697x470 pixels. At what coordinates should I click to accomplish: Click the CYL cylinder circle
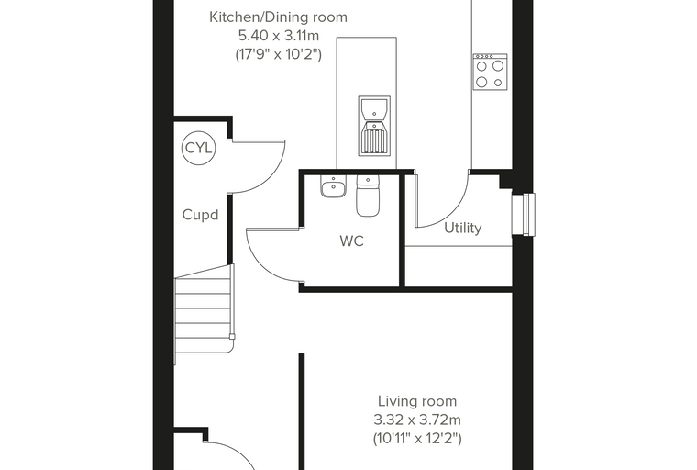click(198, 148)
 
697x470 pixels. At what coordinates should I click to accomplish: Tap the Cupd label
click(201, 216)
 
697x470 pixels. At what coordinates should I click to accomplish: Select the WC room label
click(351, 241)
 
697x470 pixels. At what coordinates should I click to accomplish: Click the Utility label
click(463, 228)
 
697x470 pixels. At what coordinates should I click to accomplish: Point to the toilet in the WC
click(368, 196)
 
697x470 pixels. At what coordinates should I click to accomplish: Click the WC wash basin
click(333, 186)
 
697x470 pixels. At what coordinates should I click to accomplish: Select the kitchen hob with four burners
click(490, 73)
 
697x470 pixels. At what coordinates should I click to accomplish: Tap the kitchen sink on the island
click(374, 126)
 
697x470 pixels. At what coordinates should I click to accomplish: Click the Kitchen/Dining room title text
click(278, 17)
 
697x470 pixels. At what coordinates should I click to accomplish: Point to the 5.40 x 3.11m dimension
click(279, 35)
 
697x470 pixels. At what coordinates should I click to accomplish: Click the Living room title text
click(417, 401)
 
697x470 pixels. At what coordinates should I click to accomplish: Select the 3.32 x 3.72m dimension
click(417, 420)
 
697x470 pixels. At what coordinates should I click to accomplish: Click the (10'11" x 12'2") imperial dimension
click(417, 439)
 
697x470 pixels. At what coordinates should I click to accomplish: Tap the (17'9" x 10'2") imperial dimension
click(278, 54)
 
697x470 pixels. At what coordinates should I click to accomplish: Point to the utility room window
click(524, 215)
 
